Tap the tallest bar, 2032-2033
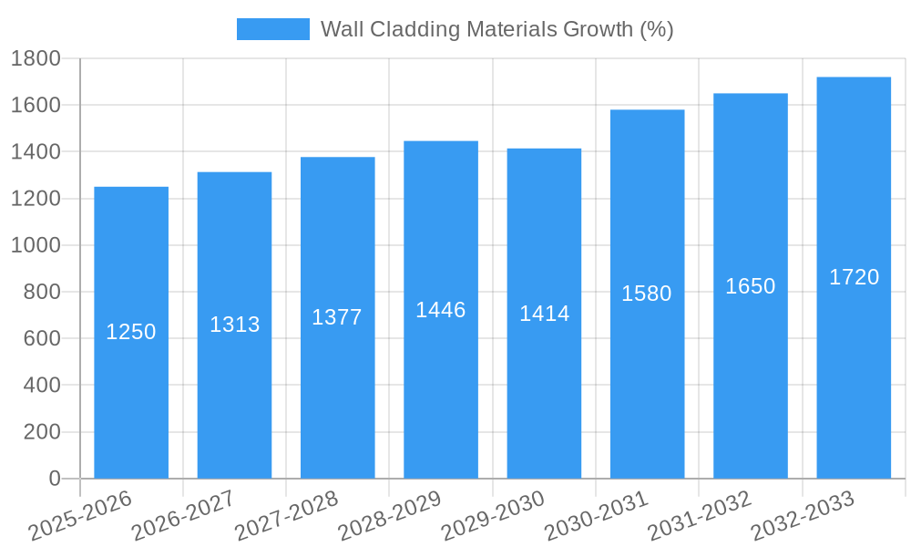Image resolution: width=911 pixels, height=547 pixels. [854, 383]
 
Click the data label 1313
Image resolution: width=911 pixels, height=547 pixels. [234, 325]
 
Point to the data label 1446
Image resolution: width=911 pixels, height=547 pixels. [440, 310]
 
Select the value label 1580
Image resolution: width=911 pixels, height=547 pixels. [646, 294]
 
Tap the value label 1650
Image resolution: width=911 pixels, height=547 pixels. [750, 286]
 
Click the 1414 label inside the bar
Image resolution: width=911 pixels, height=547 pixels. [544, 314]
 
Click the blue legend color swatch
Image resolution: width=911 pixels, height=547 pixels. [272, 29]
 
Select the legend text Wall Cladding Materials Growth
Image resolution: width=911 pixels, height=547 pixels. [496, 29]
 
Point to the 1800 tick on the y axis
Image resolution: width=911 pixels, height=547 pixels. [36, 59]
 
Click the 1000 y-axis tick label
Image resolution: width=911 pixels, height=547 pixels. [36, 245]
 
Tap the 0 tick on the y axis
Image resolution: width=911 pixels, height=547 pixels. [54, 479]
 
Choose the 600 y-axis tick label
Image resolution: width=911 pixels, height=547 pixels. [42, 339]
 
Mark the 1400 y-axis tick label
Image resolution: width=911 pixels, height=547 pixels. [36, 152]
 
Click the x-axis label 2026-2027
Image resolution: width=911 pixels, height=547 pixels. [182, 516]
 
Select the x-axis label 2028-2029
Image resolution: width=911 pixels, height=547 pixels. [389, 516]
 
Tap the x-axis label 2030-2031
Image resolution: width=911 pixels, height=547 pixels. [596, 516]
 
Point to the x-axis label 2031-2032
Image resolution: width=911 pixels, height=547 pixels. [699, 516]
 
